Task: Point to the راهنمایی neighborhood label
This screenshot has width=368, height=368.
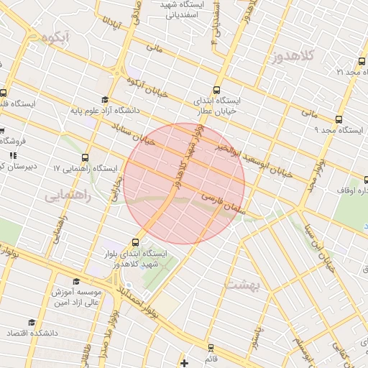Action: tap(68, 195)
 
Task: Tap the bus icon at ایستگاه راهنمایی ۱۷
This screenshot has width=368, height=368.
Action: tap(86, 157)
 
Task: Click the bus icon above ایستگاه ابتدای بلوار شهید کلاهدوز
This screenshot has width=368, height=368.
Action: tap(137, 242)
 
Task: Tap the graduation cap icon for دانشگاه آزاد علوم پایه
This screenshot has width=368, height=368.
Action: tap(106, 100)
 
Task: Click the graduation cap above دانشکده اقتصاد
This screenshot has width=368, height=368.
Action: tap(32, 323)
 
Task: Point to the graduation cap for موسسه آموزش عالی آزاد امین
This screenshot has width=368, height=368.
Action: tap(77, 281)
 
